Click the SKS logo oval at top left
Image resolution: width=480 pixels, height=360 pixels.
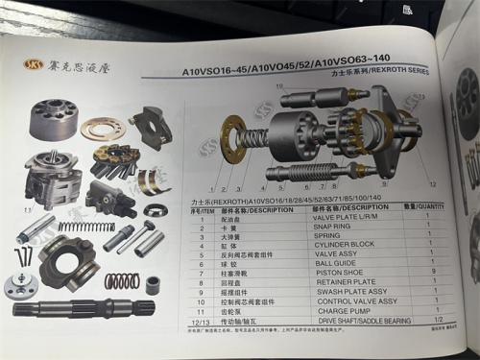point(36,65)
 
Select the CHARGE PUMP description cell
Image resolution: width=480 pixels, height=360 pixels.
point(340,311)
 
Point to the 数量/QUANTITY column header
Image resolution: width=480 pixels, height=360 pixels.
point(426,208)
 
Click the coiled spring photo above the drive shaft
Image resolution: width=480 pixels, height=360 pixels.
point(121,282)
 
